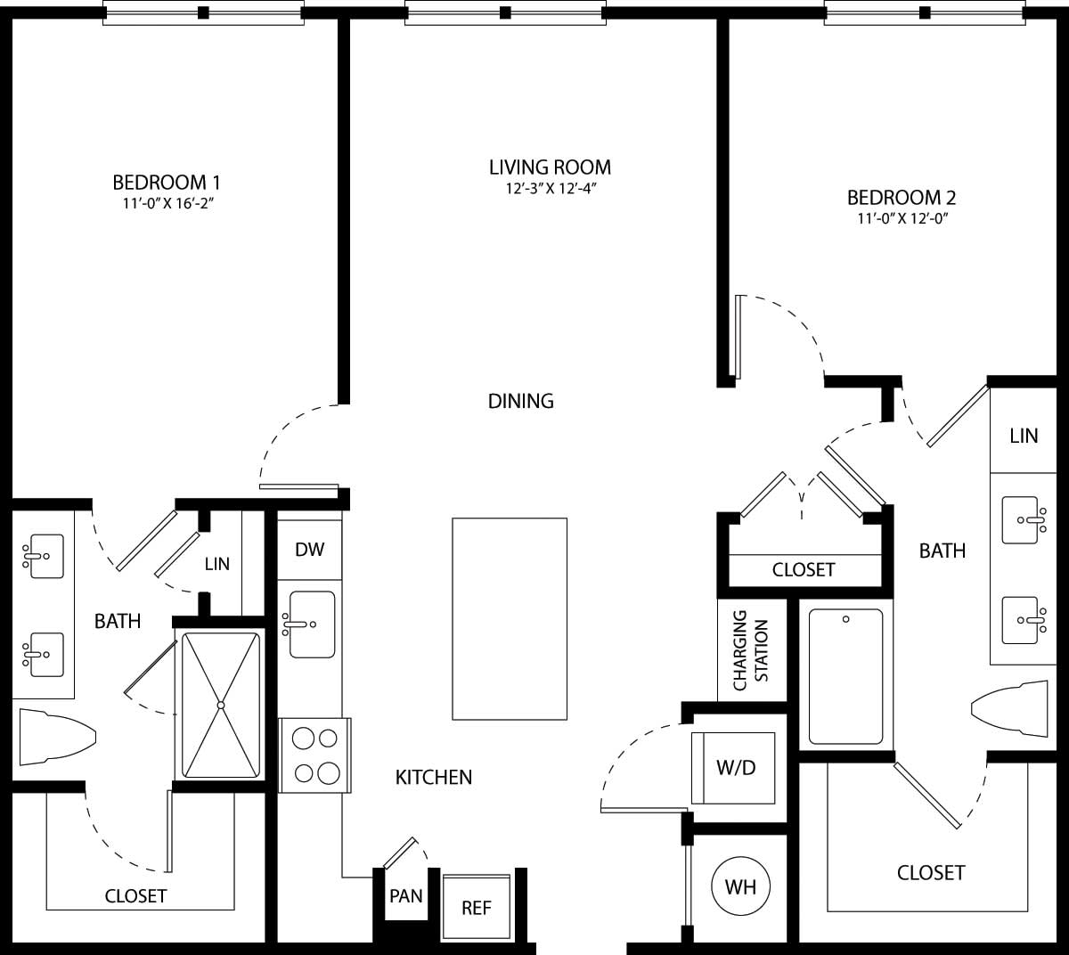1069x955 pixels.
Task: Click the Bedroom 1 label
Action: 167,183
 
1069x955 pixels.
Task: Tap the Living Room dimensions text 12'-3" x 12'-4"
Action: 550,188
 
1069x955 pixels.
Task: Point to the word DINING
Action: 521,401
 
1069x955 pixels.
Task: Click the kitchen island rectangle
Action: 510,618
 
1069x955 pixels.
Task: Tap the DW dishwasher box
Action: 309,550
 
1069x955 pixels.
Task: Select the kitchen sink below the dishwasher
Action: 311,624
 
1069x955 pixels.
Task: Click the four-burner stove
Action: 315,755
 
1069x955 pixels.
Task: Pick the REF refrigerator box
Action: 477,908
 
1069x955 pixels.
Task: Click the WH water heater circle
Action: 740,886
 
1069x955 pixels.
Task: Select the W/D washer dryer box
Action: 736,767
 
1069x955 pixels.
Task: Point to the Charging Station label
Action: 751,650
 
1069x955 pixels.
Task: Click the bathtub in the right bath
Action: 845,676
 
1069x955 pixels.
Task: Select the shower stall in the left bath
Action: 219,705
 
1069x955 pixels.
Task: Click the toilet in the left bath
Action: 54,736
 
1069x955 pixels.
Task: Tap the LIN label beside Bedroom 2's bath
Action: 1024,436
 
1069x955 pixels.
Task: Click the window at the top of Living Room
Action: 505,12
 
